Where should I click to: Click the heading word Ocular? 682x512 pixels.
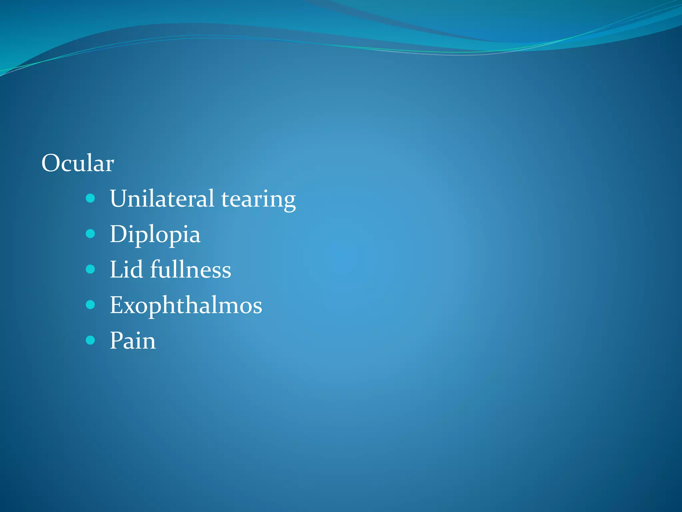pyautogui.click(x=78, y=163)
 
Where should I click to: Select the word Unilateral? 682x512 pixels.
pyautogui.click(x=162, y=199)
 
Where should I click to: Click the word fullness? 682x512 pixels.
pyautogui.click(x=190, y=269)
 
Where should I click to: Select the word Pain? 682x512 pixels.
pyautogui.click(x=133, y=341)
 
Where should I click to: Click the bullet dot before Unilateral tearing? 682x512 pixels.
pyautogui.click(x=90, y=199)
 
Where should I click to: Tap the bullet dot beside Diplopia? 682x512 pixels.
pyautogui.click(x=90, y=234)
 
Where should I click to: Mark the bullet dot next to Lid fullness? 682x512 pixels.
pyautogui.click(x=90, y=269)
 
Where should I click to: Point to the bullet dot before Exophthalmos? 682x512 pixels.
pyautogui.click(x=90, y=304)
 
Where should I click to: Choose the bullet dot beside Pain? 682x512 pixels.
pyautogui.click(x=90, y=340)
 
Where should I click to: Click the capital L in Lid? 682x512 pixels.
pyautogui.click(x=117, y=269)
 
